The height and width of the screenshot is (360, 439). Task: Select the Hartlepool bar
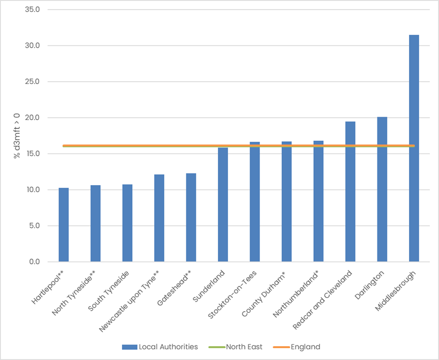coord(64,225)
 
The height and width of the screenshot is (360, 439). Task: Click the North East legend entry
coord(244,347)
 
